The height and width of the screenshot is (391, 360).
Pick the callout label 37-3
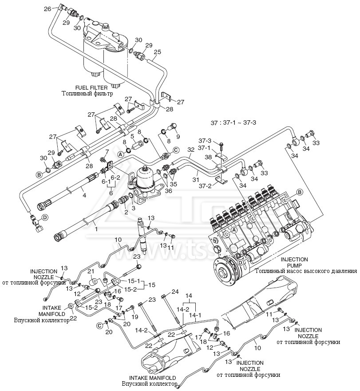[x=205, y=141]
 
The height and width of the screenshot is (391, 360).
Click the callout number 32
[x=190, y=150]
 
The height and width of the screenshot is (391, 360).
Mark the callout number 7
[x=107, y=152]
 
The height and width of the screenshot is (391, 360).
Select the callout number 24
[x=175, y=292]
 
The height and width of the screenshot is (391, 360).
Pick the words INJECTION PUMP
[x=294, y=262]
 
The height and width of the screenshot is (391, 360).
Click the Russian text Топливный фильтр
[x=87, y=94]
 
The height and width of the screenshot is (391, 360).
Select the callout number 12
[x=77, y=294]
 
